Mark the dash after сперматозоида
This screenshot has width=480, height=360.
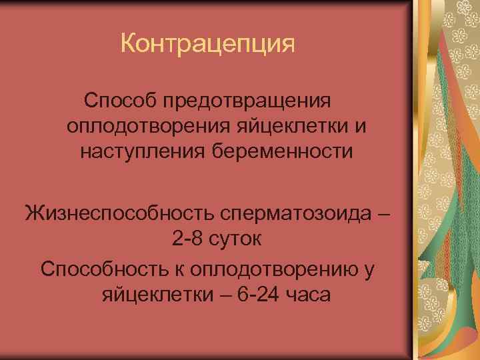[381, 215]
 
